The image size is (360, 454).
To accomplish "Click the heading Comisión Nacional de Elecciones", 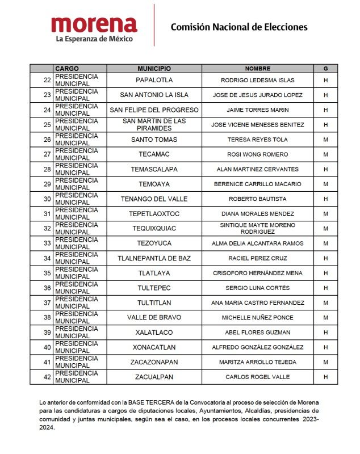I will click(239, 27).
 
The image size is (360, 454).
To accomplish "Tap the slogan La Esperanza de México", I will click(94, 39).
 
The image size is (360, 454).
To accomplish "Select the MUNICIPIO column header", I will click(154, 69).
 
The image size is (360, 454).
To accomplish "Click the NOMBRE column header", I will click(257, 69).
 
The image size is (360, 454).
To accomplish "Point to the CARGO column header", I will click(67, 69).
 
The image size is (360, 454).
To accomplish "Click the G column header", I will click(325, 69).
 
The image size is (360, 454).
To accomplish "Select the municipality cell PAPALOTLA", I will click(154, 80).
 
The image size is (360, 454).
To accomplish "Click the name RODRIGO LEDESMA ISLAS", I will click(257, 80).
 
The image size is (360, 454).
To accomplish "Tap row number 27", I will click(47, 154).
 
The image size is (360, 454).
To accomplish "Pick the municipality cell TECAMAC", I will click(154, 154).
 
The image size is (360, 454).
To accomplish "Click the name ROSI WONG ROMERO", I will click(257, 154).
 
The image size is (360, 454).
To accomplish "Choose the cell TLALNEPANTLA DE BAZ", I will click(154, 258).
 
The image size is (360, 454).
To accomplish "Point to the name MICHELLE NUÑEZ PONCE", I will click(257, 317).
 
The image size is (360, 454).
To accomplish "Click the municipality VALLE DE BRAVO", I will click(154, 317).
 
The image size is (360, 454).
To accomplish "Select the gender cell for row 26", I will click(325, 140).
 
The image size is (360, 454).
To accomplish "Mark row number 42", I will click(47, 377).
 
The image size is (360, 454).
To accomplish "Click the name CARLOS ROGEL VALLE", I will click(257, 377).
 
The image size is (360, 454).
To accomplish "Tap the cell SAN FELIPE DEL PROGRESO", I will click(154, 110).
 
